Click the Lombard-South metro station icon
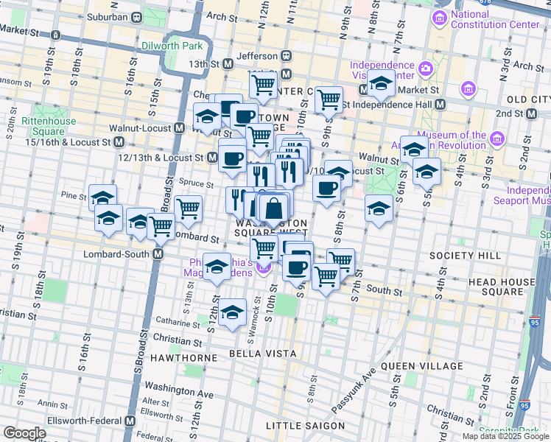pos(158,253)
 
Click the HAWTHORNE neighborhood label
pos(184,358)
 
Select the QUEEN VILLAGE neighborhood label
pos(421,365)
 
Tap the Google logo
pos(24,433)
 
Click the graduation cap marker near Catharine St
pos(233,312)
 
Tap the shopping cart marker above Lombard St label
pos(189,208)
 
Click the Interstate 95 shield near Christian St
pos(524,404)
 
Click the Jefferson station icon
pos(285,56)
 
